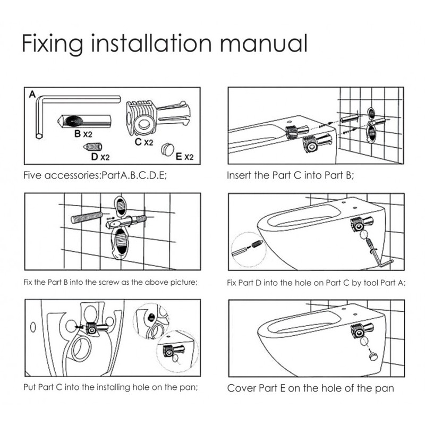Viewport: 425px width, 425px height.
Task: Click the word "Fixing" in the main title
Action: [x=53, y=44]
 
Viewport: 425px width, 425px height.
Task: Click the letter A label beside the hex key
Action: [x=32, y=95]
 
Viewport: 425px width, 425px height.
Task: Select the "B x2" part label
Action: [x=83, y=134]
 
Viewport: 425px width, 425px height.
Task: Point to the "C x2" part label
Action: [x=144, y=142]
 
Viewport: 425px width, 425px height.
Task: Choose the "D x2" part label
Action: [x=100, y=157]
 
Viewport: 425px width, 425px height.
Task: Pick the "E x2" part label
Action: [x=184, y=157]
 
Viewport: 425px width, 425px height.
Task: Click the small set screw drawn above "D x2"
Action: [x=92, y=147]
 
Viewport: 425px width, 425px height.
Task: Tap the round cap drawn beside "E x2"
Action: [x=167, y=150]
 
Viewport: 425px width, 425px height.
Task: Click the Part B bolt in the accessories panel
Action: [x=84, y=122]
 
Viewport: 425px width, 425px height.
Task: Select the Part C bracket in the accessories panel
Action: [x=158, y=117]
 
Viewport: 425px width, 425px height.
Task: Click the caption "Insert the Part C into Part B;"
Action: [x=290, y=175]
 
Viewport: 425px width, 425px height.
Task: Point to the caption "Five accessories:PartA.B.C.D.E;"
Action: [x=95, y=175]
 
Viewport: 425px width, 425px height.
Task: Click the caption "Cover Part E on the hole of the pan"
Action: [x=311, y=388]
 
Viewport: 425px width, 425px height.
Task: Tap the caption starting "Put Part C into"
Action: [x=110, y=387]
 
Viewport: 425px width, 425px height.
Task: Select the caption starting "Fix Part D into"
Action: [x=316, y=283]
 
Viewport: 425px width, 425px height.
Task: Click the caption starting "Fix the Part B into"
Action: [x=110, y=282]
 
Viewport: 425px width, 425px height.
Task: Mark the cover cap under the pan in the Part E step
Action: [x=373, y=356]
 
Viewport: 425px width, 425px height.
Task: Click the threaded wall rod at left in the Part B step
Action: [x=87, y=217]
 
